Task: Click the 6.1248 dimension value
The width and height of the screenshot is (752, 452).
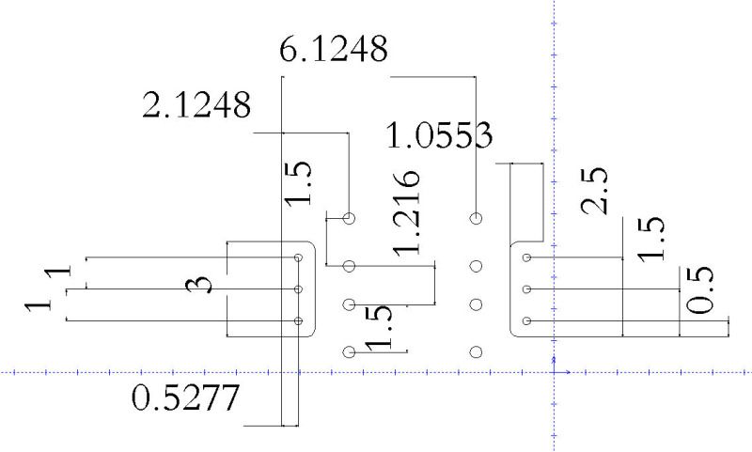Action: coord(334,49)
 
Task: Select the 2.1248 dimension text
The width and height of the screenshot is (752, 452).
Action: coord(196,104)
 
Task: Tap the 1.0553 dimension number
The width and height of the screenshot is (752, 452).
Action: coord(439,134)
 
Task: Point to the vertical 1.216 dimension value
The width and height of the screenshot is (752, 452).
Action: coord(407,212)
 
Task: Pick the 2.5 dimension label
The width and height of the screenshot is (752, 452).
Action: coord(594,191)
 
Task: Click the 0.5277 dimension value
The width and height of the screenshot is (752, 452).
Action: coord(185,397)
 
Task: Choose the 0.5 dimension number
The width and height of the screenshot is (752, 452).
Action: coord(699,290)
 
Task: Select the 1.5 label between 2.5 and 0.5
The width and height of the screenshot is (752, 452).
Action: coord(650,240)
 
